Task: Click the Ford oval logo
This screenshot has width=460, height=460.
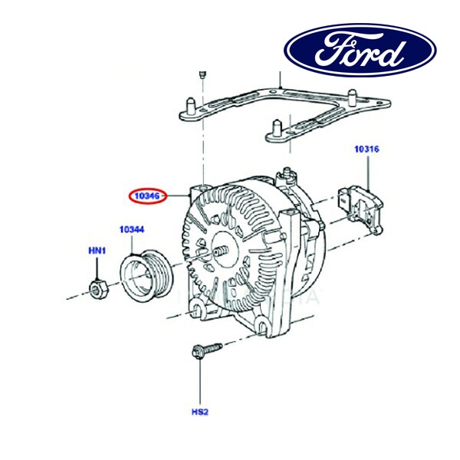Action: (x=360, y=52)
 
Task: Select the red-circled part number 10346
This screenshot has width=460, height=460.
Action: (x=146, y=196)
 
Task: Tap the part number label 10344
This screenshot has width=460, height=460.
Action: (x=131, y=229)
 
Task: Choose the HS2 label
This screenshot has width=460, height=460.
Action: (x=199, y=412)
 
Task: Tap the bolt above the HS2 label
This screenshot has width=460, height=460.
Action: (x=204, y=352)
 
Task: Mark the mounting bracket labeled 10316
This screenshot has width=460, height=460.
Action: (x=361, y=205)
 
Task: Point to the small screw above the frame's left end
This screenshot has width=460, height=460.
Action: (x=201, y=74)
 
